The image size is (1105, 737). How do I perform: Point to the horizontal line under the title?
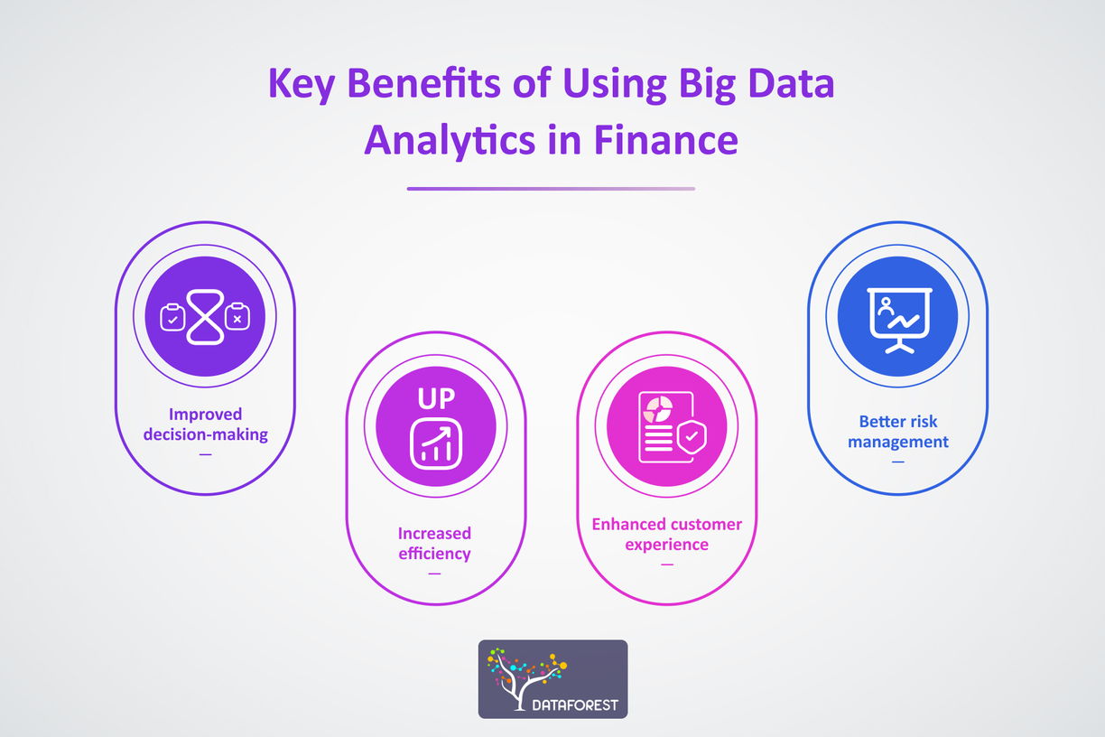[x=551, y=189]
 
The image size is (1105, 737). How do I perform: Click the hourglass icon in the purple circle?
[x=205, y=316]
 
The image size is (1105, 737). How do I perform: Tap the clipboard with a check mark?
[x=172, y=317]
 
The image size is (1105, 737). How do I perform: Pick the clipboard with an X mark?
[x=237, y=317]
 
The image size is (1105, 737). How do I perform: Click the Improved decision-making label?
[x=206, y=424]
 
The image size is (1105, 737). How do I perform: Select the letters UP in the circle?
[x=436, y=399]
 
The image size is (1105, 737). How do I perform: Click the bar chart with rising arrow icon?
[x=436, y=444]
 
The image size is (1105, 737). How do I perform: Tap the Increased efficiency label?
[x=435, y=543]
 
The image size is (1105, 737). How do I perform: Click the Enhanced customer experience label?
[x=666, y=534]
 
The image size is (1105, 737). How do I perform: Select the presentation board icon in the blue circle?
[x=896, y=318]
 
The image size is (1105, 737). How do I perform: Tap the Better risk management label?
[x=898, y=431]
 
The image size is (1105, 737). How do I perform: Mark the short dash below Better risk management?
[x=898, y=462]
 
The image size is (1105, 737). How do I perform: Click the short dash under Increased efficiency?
[x=435, y=574]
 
